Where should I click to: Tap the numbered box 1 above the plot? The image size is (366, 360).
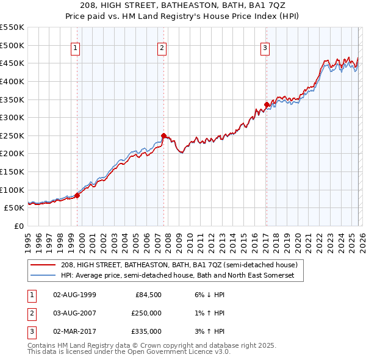click(75, 49)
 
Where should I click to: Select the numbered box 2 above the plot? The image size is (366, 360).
click(162, 49)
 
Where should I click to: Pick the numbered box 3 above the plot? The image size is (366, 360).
click(265, 49)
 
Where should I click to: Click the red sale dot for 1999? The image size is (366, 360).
click(77, 195)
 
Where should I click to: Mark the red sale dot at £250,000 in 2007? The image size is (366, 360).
click(163, 135)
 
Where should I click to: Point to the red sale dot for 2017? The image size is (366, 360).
click(267, 104)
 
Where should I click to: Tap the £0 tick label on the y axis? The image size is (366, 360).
click(20, 226)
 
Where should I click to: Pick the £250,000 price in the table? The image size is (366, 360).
click(146, 313)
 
